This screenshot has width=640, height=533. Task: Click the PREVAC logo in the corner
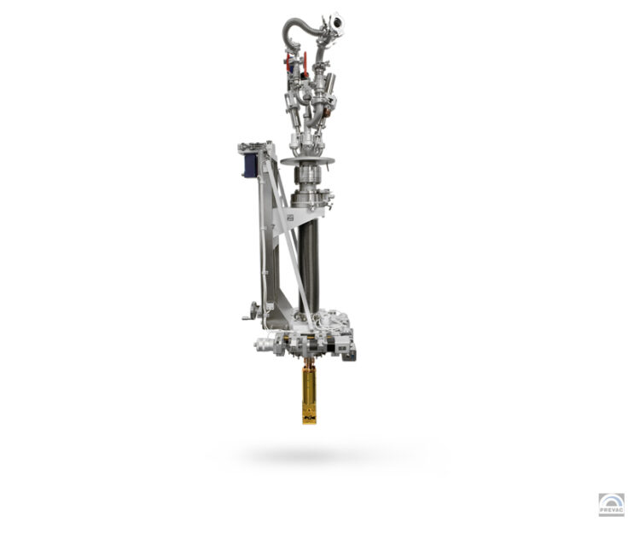click(x=611, y=504)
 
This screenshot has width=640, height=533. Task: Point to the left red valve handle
click(x=288, y=62)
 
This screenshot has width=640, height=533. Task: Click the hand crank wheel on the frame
click(x=254, y=310)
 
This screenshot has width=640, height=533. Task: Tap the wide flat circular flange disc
click(x=307, y=161)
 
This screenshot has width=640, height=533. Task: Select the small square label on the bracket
click(x=290, y=218)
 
